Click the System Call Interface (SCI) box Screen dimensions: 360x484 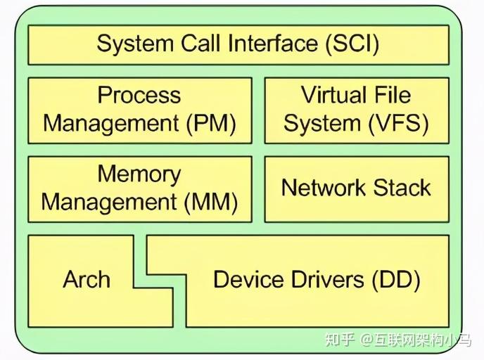click(238, 44)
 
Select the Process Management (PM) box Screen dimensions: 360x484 click(139, 110)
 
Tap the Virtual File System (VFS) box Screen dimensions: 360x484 click(356, 110)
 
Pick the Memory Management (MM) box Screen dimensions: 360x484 click(139, 188)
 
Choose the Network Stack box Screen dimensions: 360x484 click(356, 188)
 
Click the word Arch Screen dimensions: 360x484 click(87, 280)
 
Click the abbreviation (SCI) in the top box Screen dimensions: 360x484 click(352, 44)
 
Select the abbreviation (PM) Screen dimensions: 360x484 click(210, 124)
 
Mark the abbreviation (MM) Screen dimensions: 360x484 click(212, 203)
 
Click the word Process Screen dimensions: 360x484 click(139, 96)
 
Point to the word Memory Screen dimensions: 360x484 click(139, 174)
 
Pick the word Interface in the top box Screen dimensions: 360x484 click(270, 44)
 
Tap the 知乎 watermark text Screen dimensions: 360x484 click(338, 340)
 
